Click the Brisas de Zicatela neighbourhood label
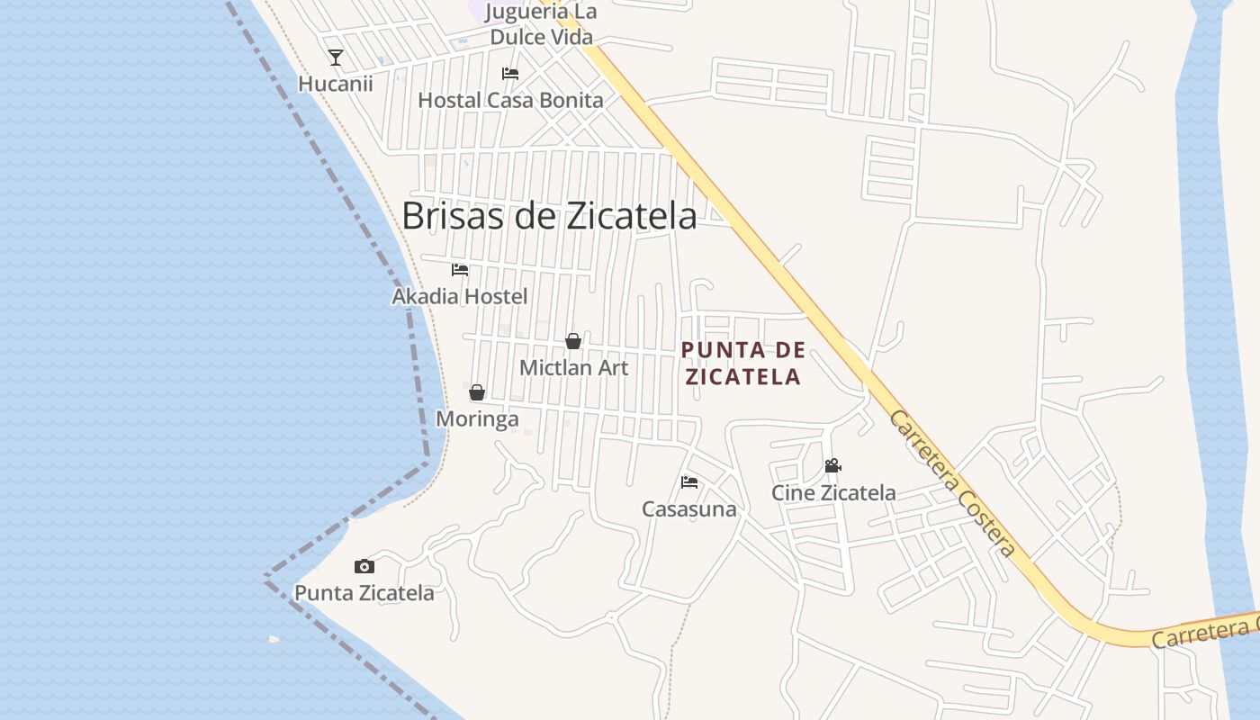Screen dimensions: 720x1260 [549, 216]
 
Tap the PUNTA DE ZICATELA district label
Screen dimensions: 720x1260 [742, 364]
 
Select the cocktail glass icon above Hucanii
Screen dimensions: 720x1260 [336, 58]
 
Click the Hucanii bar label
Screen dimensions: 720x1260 [336, 84]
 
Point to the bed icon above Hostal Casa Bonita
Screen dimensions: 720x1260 [510, 74]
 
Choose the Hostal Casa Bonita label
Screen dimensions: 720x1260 [510, 100]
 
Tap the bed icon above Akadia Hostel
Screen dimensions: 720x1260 [460, 269]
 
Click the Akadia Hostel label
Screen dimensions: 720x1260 [460, 296]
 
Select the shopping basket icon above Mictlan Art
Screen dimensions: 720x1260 [573, 341]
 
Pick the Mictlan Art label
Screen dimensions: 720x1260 [573, 367]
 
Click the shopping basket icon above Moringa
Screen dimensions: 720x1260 [477, 392]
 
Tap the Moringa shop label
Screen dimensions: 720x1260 [477, 419]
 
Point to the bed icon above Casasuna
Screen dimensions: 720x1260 [689, 482]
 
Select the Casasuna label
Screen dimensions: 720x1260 [689, 509]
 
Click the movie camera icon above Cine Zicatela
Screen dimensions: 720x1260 [833, 466]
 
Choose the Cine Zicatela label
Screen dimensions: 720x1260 [833, 493]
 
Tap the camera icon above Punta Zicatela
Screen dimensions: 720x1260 [364, 566]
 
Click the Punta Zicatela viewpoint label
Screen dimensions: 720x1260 [364, 593]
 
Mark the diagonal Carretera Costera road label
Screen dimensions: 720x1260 [952, 483]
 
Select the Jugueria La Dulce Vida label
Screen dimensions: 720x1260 [541, 24]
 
